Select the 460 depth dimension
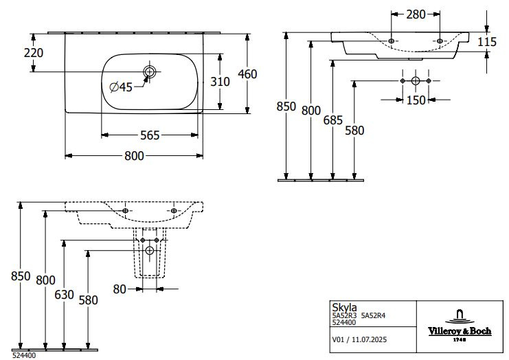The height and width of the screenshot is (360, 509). [247, 73]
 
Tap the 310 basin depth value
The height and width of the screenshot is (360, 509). [220, 81]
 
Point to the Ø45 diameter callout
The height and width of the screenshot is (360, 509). [122, 87]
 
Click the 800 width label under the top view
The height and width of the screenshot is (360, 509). [134, 156]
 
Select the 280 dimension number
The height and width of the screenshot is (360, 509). [414, 14]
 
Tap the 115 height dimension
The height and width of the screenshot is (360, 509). [486, 43]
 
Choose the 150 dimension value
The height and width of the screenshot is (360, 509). [415, 100]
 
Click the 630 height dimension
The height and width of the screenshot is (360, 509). [64, 294]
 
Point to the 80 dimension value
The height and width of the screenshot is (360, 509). [120, 289]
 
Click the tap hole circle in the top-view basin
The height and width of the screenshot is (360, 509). [149, 71]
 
